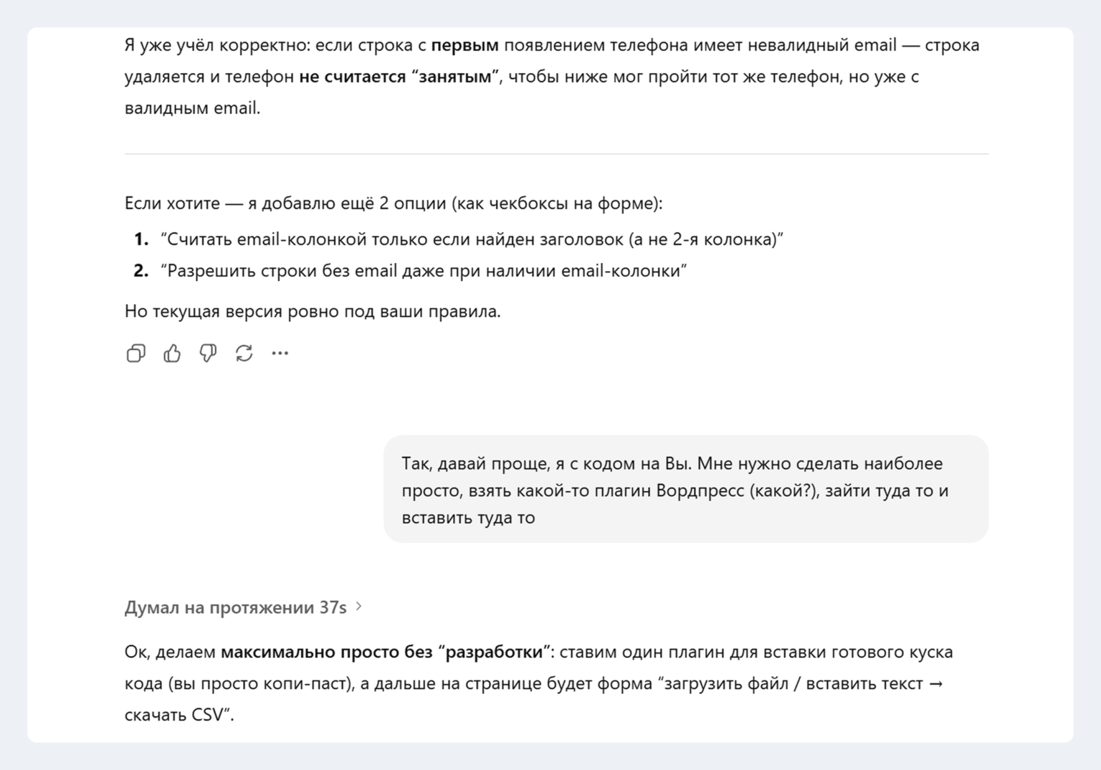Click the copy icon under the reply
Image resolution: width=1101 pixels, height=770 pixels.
135,353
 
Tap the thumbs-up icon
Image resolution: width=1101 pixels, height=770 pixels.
172,353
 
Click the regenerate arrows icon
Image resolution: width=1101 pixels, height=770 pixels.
244,353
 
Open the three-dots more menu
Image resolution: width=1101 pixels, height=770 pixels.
280,353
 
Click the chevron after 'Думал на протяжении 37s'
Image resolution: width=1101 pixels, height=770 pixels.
359,607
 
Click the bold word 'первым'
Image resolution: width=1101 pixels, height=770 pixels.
464,45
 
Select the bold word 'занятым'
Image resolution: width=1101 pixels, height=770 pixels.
454,77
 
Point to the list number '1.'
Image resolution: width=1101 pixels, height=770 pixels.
141,239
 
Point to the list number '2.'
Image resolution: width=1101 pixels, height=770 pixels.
141,271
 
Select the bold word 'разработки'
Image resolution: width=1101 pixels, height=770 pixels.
494,652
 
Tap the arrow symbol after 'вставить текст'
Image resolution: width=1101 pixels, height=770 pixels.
936,684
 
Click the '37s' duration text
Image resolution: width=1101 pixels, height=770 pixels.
333,608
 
